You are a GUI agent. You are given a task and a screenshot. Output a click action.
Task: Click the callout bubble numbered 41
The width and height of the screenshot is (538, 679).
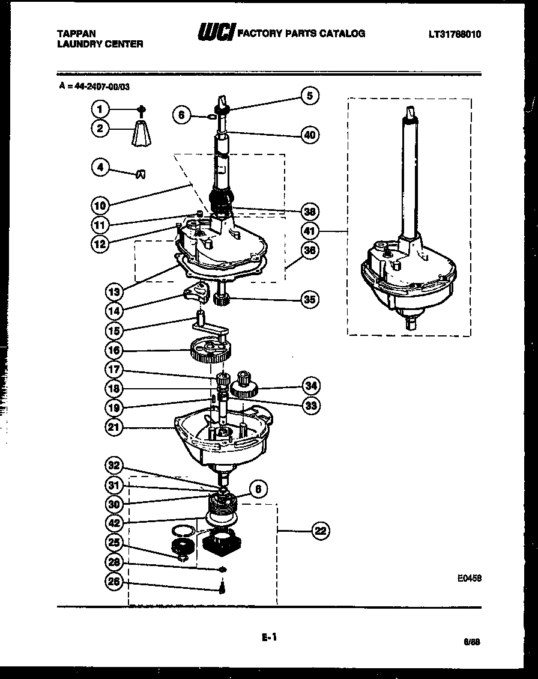click(310, 231)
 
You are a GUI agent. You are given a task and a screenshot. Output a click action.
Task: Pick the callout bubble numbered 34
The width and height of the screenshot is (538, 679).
click(310, 385)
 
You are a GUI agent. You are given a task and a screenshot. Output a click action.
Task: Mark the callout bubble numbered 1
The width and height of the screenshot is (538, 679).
click(100, 109)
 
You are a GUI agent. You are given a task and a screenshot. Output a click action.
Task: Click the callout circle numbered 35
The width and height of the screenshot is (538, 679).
click(310, 299)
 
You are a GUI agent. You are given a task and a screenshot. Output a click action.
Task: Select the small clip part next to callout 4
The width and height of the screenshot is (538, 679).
click(141, 174)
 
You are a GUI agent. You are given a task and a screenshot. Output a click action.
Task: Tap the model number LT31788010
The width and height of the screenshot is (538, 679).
click(455, 34)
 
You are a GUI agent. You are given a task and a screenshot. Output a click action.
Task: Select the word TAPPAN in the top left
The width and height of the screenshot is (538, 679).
click(76, 34)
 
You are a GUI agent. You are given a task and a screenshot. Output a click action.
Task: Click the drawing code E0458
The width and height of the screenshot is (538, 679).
click(469, 578)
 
